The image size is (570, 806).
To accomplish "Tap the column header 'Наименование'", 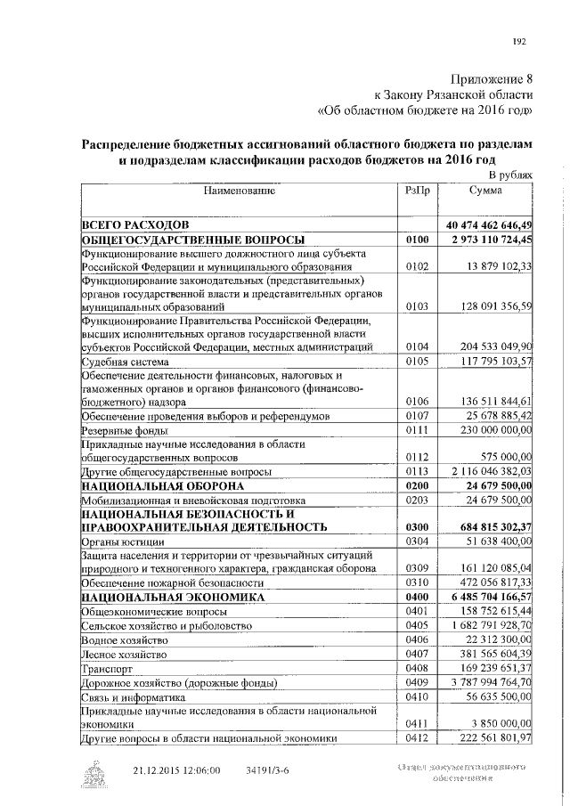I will pos(238,191).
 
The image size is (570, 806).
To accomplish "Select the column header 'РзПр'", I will pos(417,191).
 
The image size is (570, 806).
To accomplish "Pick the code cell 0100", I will pos(417,240).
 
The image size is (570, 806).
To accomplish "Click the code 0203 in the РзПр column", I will pos(417,501).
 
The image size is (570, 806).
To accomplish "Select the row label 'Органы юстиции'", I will pos(121,541).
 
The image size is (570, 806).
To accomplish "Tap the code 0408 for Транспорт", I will pos(417,668).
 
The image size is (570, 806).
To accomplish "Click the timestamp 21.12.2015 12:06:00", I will pos(177,769).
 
